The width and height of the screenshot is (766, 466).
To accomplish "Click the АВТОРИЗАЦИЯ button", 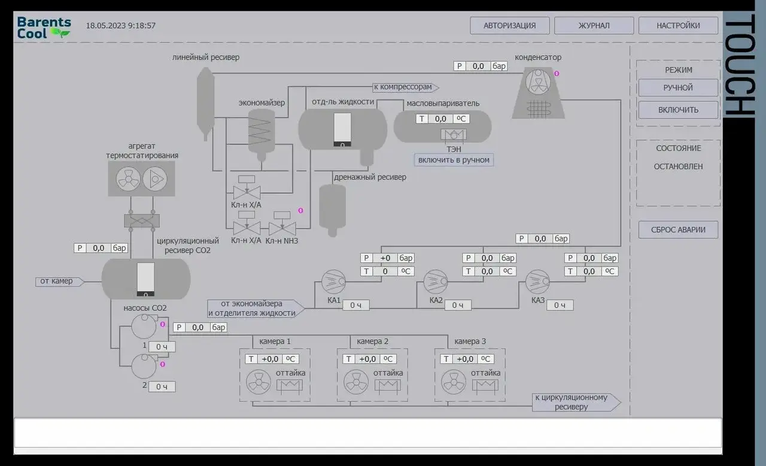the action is pyautogui.click(x=509, y=26).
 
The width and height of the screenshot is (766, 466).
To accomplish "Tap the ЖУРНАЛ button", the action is pyautogui.click(x=594, y=26).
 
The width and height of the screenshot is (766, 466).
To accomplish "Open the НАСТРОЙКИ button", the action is pyautogui.click(x=678, y=26).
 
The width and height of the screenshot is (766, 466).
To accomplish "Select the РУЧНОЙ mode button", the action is pyautogui.click(x=678, y=87).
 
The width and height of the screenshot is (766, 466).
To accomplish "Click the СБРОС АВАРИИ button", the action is pyautogui.click(x=678, y=229).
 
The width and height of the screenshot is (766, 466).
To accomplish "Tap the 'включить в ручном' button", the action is pyautogui.click(x=454, y=160).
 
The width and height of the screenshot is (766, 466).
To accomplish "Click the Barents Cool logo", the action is pyautogui.click(x=44, y=28).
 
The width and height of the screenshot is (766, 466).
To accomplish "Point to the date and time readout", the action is pyautogui.click(x=121, y=26).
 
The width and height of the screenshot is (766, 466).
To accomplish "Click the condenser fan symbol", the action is pyautogui.click(x=538, y=82).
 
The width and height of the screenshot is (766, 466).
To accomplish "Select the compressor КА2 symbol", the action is pyautogui.click(x=435, y=282).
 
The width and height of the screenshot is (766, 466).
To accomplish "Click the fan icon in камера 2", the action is pyautogui.click(x=356, y=382).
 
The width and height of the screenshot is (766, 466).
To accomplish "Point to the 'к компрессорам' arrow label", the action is pyautogui.click(x=406, y=87).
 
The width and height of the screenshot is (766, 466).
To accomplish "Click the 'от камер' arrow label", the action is pyautogui.click(x=59, y=282).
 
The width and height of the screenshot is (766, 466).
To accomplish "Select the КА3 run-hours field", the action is pyautogui.click(x=560, y=305).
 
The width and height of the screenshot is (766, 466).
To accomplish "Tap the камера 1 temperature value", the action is pyautogui.click(x=270, y=359).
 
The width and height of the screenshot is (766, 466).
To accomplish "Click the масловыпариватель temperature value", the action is pyautogui.click(x=440, y=119).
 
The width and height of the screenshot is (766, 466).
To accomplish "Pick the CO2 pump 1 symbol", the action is pyautogui.click(x=144, y=326).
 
